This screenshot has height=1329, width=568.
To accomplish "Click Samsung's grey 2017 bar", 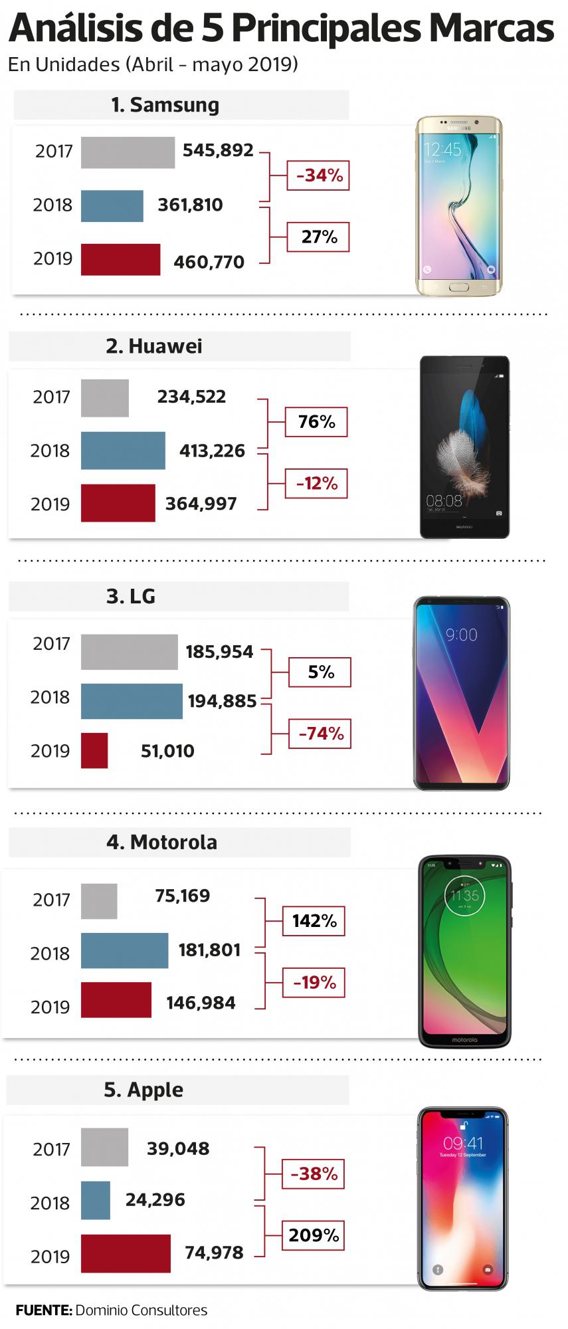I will (x=128, y=152).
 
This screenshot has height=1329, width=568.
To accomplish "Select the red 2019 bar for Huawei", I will (x=118, y=503).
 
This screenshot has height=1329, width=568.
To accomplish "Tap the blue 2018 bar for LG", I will (x=132, y=701).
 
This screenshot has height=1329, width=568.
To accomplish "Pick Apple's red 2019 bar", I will (x=126, y=1253).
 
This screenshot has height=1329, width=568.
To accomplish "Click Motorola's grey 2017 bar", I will (x=99, y=901).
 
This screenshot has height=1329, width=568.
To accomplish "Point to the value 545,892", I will (x=218, y=150).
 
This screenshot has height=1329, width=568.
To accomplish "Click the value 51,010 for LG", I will (x=167, y=751).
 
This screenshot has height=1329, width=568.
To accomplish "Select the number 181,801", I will (x=209, y=950).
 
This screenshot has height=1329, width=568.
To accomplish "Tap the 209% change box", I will (x=314, y=1235).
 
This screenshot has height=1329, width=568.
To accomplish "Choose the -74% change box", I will (x=320, y=734).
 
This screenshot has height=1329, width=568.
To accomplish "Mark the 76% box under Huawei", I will (x=316, y=421).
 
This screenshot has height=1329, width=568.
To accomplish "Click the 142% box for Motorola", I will (x=314, y=921).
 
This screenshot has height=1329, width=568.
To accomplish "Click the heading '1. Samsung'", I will (x=165, y=105).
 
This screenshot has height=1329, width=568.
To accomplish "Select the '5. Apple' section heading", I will (x=143, y=1090).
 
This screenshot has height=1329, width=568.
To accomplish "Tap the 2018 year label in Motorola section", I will (x=50, y=954).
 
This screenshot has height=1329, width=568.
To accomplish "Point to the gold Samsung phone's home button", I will (x=459, y=288).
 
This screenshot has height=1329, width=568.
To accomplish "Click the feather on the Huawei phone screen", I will (x=458, y=453).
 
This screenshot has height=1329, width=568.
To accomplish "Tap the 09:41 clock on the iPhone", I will (x=463, y=1144).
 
